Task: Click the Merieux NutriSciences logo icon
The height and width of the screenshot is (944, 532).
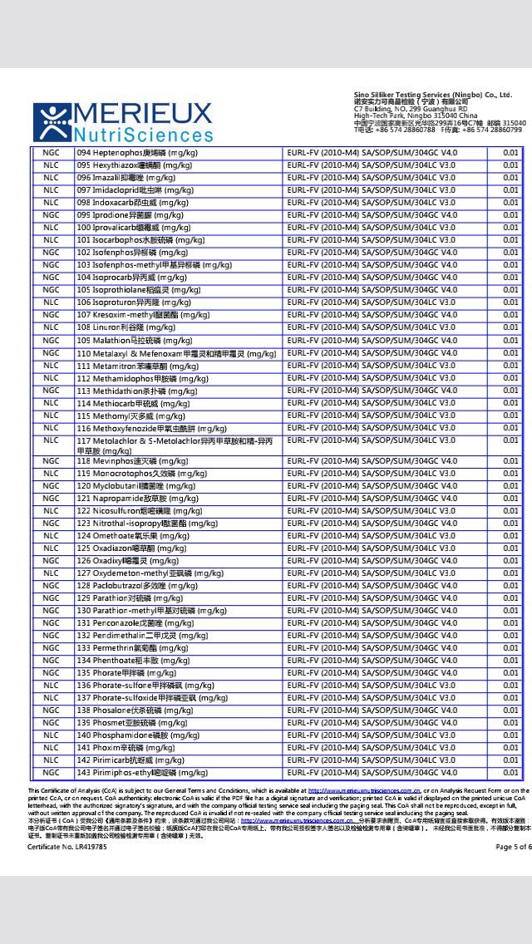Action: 52,123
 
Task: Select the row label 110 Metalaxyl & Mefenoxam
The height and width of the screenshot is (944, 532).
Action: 176,353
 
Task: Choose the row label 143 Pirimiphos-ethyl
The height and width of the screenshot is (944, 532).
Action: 136,773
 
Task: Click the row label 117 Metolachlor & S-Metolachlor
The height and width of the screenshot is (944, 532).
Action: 175,445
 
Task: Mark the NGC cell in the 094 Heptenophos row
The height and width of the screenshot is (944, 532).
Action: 52,153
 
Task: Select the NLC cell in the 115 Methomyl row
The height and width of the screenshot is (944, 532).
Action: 52,415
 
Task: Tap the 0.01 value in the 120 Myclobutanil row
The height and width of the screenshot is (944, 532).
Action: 510,486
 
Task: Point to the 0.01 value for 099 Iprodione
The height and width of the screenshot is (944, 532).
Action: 510,215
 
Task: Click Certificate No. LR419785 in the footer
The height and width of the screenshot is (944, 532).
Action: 67,847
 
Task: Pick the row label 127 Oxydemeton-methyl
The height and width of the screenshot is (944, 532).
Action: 150,573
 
